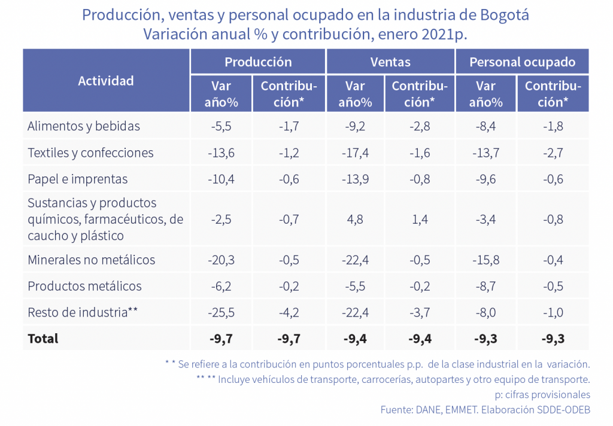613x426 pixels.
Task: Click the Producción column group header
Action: pos(258,62)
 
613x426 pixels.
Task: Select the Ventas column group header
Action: pos(390,62)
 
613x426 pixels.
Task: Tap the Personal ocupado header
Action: pos(522,62)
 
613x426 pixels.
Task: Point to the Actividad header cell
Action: pos(106,81)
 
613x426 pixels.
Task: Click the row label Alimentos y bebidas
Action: pos(84,126)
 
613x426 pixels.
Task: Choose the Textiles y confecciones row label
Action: pos(90,153)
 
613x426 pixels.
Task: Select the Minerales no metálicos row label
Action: pos(92,260)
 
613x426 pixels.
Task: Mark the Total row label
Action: pos(43,339)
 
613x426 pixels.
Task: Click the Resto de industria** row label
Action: pos(83,312)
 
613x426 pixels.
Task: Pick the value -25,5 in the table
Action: pos(221,312)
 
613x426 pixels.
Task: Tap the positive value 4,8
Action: pos(355,219)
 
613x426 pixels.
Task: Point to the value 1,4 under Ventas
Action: pos(420,219)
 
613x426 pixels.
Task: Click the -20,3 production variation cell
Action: pos(221,260)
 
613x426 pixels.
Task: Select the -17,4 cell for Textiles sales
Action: pos(355,153)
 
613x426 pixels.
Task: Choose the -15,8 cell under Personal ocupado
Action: pos(486,260)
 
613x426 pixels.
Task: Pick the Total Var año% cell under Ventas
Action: pos(355,339)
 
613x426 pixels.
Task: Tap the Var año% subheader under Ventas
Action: pos(355,94)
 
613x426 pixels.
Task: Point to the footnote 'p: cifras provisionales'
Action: pos(543,395)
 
